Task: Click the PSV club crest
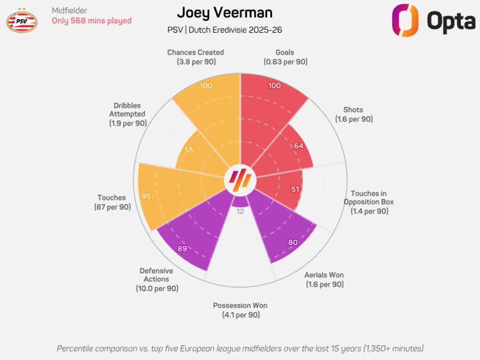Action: click(x=21, y=20)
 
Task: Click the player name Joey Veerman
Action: click(x=225, y=13)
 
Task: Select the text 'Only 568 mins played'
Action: click(x=91, y=21)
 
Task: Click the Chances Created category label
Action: click(x=195, y=57)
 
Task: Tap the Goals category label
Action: click(x=285, y=57)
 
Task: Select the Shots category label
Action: click(x=354, y=115)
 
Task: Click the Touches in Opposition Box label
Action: click(x=369, y=202)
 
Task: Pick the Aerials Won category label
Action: click(x=324, y=279)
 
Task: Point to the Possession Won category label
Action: click(x=240, y=310)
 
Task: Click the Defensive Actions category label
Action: click(x=157, y=279)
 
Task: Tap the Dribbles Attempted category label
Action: click(x=127, y=114)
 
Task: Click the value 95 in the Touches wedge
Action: click(x=146, y=196)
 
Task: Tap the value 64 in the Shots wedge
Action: click(x=298, y=146)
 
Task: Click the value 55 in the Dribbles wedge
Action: click(x=189, y=150)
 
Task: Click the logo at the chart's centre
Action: click(x=240, y=180)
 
